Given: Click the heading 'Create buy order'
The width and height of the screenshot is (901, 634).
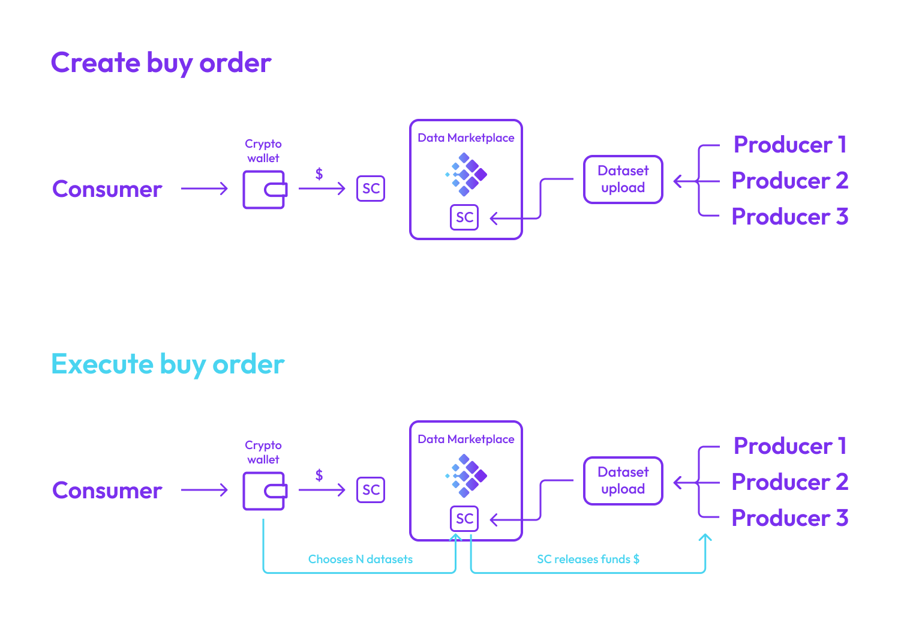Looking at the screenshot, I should click(x=161, y=63).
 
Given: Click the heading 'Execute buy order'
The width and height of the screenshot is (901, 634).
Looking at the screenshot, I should click(x=167, y=364).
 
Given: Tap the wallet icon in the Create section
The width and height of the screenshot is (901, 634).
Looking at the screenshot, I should click(x=264, y=190).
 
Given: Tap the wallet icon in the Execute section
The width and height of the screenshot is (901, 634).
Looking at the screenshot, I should click(x=264, y=491).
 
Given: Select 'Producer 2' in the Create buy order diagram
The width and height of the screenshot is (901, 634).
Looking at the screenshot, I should click(x=789, y=181).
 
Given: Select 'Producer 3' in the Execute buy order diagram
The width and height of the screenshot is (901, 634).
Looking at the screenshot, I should click(x=789, y=518).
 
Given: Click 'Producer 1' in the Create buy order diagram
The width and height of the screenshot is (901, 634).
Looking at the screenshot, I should click(x=789, y=145).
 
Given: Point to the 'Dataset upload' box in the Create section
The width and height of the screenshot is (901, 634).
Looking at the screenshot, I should click(x=623, y=180).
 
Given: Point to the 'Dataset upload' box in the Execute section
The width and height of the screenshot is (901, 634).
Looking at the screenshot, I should click(x=623, y=481).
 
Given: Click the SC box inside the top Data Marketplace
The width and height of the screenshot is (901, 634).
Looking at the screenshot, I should click(x=464, y=217).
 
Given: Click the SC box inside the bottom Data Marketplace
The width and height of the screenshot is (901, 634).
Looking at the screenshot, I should click(x=464, y=519).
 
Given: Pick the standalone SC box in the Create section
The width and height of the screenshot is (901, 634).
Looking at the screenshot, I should click(x=371, y=189).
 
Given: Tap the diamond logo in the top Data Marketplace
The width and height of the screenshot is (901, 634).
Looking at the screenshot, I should click(x=467, y=174).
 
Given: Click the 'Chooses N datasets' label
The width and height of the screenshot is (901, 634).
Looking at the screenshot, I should click(x=360, y=559).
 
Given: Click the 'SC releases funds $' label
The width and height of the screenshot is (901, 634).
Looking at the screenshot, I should click(x=588, y=559).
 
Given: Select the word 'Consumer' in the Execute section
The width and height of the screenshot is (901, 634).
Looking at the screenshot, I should click(x=107, y=491).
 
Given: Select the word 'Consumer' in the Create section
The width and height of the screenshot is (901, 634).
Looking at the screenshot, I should click(x=107, y=189).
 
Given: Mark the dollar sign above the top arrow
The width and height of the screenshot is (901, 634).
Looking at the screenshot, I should click(x=319, y=174).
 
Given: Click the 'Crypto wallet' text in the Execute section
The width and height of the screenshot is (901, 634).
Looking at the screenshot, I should click(x=263, y=452).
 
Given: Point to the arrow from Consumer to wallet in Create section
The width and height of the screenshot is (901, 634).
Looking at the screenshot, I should click(x=205, y=189).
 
